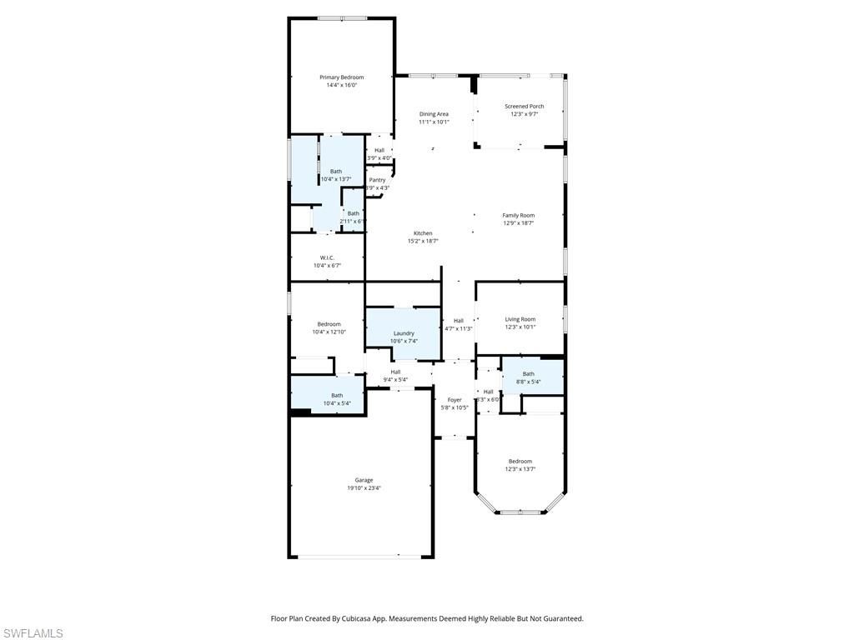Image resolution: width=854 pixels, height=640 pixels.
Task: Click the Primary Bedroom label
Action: tap(341, 77)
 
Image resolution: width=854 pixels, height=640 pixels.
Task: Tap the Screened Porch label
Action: tap(524, 107)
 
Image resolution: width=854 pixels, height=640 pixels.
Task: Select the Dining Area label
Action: tap(434, 114)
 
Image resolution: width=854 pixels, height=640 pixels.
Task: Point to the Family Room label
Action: tap(518, 216)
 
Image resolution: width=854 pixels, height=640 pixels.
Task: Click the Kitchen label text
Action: tap(423, 233)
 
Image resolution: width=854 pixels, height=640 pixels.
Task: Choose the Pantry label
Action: tap(377, 180)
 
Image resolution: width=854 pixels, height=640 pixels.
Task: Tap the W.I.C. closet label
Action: tap(327, 257)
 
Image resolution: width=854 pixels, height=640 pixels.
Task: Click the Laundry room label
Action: tap(404, 333)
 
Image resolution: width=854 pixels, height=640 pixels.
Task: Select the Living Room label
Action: tap(520, 319)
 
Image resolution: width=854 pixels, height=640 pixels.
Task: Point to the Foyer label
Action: tap(455, 400)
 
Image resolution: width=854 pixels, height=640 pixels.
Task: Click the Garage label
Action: tap(364, 480)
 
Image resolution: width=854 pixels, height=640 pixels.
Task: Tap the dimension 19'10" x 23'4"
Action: tap(364, 488)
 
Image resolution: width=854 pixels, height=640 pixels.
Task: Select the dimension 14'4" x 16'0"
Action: tap(341, 85)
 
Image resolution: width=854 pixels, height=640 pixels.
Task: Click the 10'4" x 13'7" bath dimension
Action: tap(336, 179)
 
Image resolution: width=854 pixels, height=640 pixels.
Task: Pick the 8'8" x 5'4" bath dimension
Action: tap(528, 382)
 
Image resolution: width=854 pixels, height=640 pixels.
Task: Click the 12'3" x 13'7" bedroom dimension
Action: tap(520, 469)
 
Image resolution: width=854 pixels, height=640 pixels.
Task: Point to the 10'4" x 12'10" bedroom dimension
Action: tap(329, 332)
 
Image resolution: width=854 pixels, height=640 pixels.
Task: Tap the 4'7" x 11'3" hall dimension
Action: tap(458, 328)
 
